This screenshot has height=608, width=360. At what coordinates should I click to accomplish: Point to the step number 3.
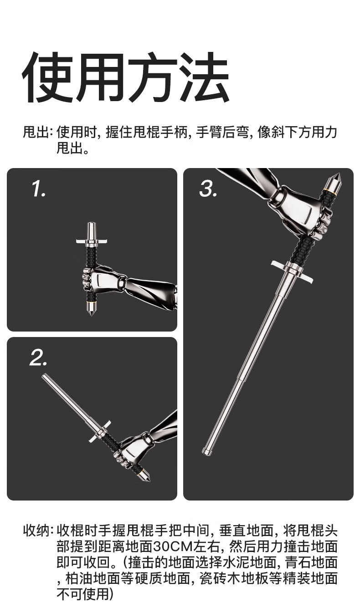(x=209, y=189)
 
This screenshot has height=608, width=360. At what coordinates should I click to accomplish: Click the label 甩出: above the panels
(x=37, y=132)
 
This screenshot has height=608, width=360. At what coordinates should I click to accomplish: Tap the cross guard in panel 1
(x=92, y=241)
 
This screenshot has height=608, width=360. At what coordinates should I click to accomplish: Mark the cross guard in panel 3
(x=292, y=271)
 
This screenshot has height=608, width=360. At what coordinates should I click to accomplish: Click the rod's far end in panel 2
(x=45, y=376)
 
